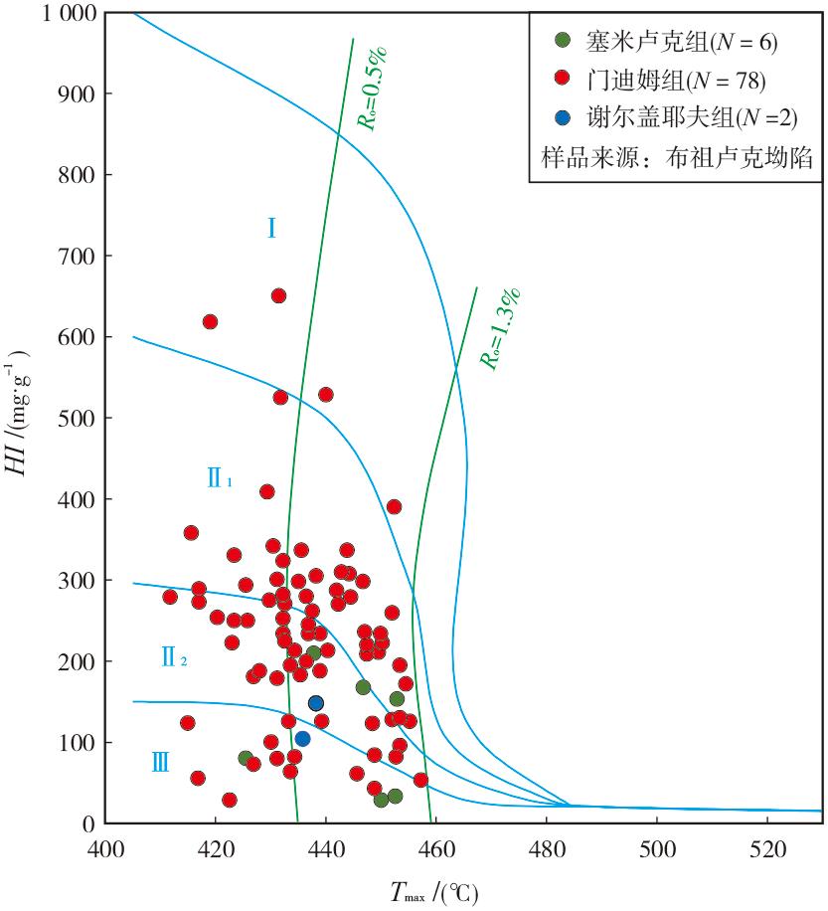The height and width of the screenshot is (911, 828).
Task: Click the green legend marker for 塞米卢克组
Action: (562, 40)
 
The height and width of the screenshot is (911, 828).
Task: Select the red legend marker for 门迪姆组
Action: (562, 78)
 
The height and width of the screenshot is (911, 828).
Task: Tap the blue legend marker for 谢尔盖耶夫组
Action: (562, 117)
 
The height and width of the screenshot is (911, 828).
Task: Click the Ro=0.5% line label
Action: (372, 89)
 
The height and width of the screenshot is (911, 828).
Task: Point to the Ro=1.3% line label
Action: (499, 329)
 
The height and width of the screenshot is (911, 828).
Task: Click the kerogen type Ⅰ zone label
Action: (271, 228)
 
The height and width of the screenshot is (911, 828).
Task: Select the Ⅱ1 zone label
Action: (220, 477)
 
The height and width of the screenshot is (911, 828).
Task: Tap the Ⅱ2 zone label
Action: (174, 657)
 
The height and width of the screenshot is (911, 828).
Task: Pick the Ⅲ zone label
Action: (160, 762)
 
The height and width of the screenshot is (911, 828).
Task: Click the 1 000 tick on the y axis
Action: (69, 13)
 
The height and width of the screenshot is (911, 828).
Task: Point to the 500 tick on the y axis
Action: (77, 418)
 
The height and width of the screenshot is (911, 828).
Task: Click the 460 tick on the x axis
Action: (436, 849)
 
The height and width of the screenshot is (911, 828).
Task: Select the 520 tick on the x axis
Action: (767, 849)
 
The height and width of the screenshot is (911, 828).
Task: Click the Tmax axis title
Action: (434, 892)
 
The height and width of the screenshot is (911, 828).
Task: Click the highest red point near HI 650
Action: (278, 295)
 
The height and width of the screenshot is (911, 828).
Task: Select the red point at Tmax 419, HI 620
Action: (210, 321)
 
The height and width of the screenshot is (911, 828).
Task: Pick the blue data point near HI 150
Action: (316, 703)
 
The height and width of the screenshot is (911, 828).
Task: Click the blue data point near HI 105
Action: (302, 739)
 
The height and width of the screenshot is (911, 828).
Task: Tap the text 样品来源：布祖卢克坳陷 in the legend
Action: (677, 157)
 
